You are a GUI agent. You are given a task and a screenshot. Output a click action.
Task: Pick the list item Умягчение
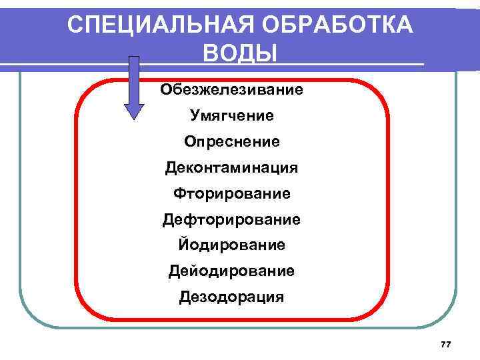click(x=232, y=115)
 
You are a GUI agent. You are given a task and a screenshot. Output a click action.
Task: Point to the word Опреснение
click(x=232, y=142)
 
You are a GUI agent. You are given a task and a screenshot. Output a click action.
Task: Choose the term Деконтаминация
click(x=232, y=167)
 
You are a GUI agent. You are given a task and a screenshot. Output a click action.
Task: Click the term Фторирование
click(x=232, y=193)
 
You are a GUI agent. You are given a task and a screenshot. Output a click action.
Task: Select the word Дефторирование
click(x=232, y=219)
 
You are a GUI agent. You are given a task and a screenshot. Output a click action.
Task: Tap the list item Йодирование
click(x=232, y=245)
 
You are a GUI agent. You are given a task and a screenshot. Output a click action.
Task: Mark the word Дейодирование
click(x=232, y=271)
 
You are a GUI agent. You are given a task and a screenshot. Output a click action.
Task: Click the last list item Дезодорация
click(x=232, y=297)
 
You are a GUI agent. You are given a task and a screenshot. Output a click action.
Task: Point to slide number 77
click(x=446, y=344)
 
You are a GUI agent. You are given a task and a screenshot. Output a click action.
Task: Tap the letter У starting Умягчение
click(x=195, y=115)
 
